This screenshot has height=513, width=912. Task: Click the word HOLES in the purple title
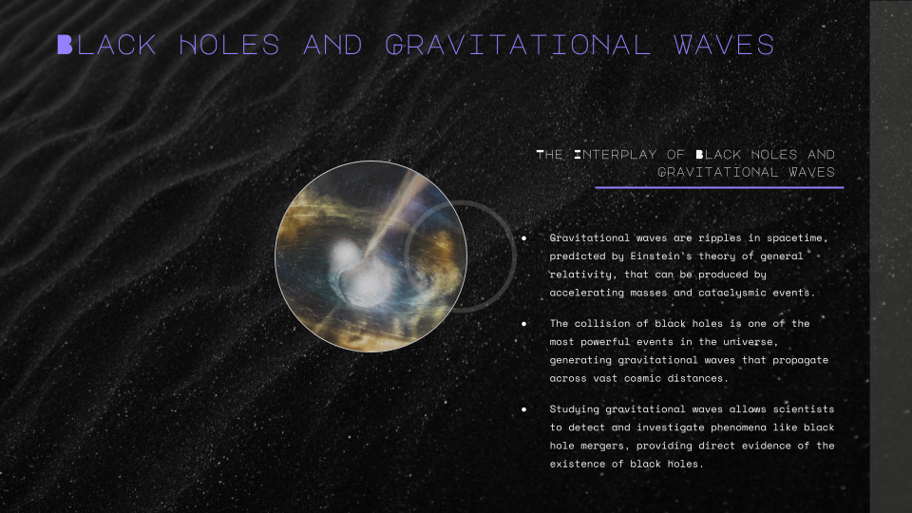(x=229, y=46)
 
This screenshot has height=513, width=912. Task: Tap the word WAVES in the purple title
(x=724, y=46)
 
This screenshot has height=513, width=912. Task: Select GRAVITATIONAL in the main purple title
(x=518, y=46)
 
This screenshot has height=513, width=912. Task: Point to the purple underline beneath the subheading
(x=719, y=187)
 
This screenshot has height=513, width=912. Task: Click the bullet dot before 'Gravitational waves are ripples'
(x=524, y=237)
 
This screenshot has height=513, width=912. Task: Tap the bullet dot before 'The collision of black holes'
(x=524, y=323)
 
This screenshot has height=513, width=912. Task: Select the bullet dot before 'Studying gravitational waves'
(x=524, y=409)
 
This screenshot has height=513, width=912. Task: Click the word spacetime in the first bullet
(x=797, y=237)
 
